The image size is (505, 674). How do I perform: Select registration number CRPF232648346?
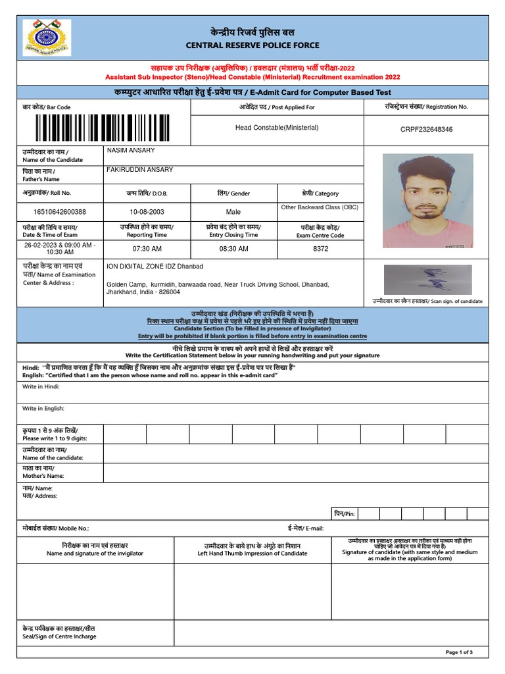426,130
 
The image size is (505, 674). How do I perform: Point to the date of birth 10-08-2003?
147,212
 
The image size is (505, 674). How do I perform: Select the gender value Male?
233,212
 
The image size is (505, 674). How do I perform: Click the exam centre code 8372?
320,249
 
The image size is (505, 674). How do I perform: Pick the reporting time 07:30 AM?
147,249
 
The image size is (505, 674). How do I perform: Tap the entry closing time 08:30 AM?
233,249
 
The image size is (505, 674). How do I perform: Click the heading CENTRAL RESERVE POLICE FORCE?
253,45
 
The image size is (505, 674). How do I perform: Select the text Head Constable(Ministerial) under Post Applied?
277,128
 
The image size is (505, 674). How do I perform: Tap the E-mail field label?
305,528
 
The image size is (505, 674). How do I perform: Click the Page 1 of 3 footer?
459,652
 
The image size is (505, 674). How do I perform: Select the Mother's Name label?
43,471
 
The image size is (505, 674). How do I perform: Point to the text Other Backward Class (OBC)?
320,207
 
